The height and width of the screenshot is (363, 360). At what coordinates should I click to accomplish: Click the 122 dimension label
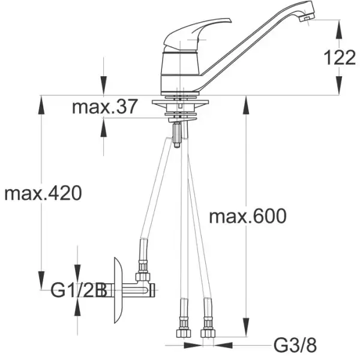point(340,58)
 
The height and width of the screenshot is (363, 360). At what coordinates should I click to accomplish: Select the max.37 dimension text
point(105,107)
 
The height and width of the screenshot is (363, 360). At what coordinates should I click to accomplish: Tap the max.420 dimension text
point(43,193)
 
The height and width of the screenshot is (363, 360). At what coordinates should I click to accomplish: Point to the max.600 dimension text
point(248,216)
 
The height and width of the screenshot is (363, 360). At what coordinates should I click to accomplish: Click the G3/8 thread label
point(295,346)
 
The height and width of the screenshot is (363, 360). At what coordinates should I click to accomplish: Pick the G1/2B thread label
point(78,290)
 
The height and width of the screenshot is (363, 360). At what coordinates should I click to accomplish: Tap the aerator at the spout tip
point(307,17)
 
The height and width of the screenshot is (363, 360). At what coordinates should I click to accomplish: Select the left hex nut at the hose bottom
point(184,333)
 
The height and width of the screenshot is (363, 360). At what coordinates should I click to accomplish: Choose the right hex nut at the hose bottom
point(208,333)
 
